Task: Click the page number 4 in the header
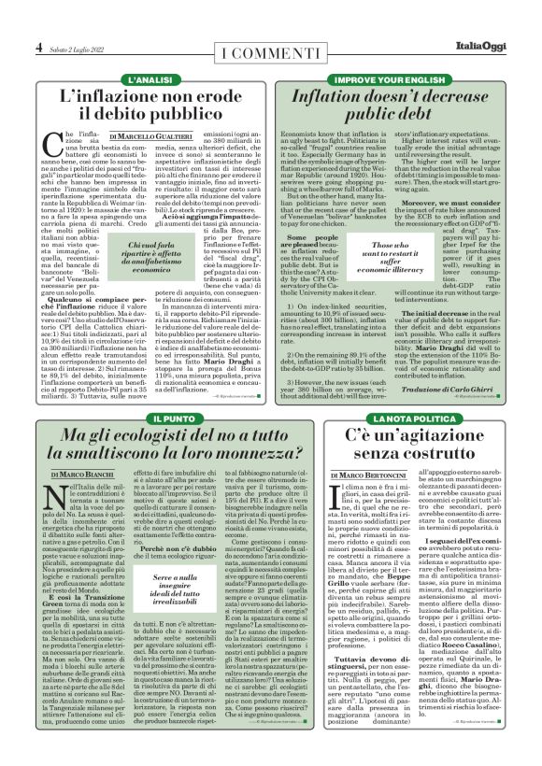click(39, 46)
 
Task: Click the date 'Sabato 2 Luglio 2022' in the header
click(78, 47)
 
